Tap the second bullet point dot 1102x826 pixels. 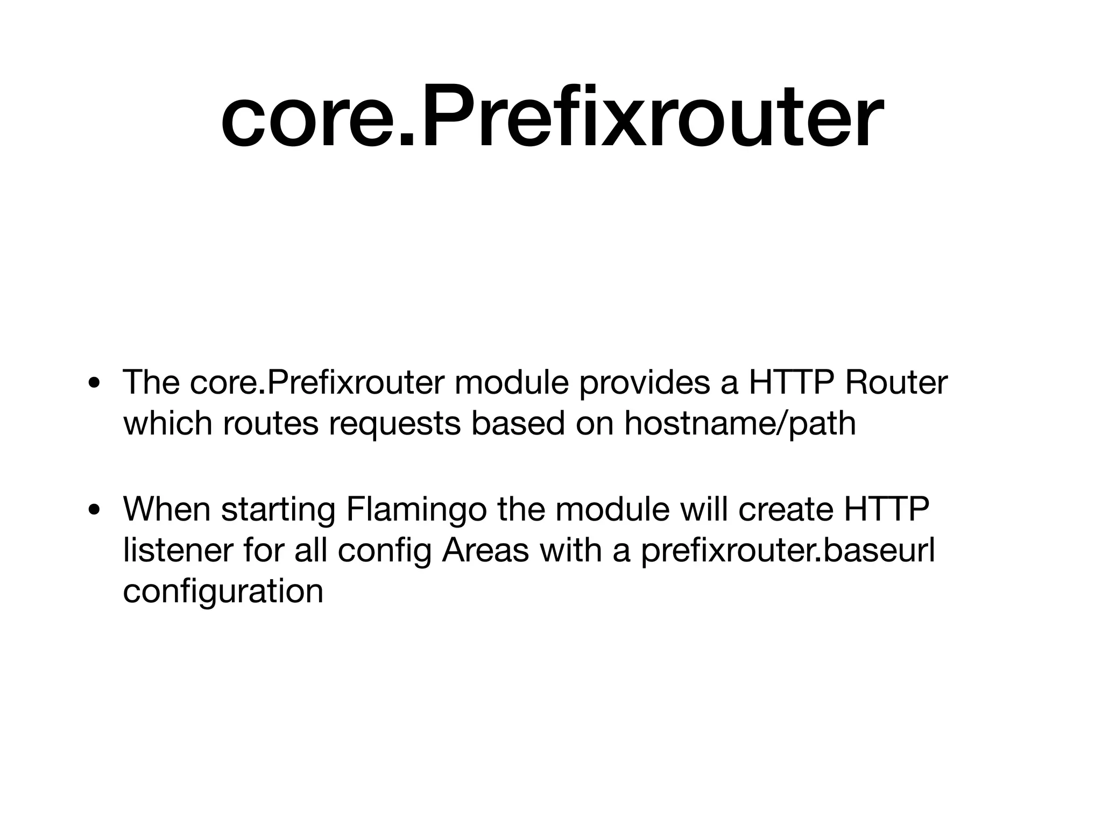tap(95, 510)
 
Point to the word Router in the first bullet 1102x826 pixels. tap(895, 382)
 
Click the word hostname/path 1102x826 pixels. tap(740, 423)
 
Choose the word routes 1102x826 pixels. tap(271, 423)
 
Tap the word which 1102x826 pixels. tap(167, 423)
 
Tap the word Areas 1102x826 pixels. tap(485, 550)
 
